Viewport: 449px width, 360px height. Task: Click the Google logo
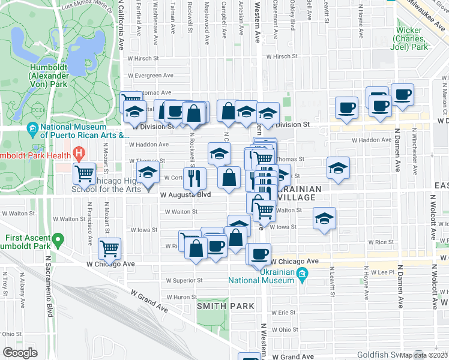pyautogui.click(x=20, y=353)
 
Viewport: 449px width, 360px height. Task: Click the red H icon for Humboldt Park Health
pyautogui.click(x=77, y=153)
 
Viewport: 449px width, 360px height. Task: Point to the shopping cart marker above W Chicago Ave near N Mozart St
pyautogui.click(x=109, y=247)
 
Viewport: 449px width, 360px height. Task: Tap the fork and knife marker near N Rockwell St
pyautogui.click(x=194, y=178)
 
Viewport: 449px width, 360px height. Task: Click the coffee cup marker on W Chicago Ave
pyautogui.click(x=259, y=253)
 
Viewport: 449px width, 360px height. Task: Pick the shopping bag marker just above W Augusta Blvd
pyautogui.click(x=229, y=177)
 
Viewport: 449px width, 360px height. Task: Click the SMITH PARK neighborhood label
pyautogui.click(x=226, y=306)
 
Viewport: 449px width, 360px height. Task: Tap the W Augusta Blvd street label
pyautogui.click(x=185, y=194)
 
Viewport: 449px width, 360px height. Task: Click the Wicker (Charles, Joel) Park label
pyautogui.click(x=410, y=38)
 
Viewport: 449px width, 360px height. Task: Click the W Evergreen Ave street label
pyautogui.click(x=149, y=76)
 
